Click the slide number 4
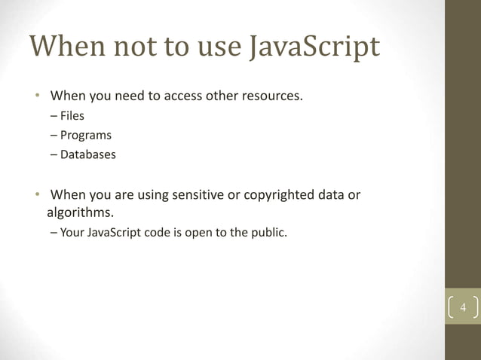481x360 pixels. pyautogui.click(x=464, y=310)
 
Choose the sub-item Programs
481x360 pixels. pyautogui.click(x=86, y=136)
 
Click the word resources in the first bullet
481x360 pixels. pyautogui.click(x=271, y=96)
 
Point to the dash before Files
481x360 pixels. pyautogui.click(x=54, y=116)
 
